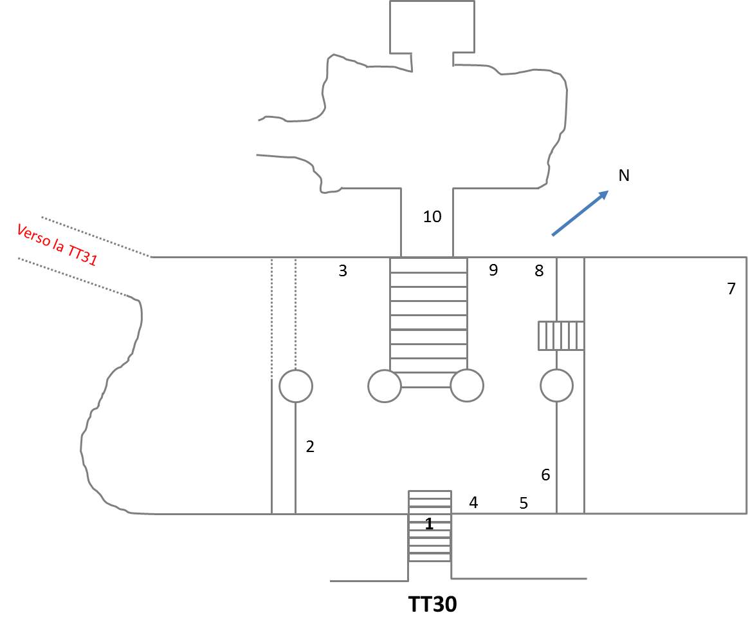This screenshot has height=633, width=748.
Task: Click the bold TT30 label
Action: [432, 605]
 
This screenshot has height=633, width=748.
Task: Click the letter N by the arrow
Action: [623, 175]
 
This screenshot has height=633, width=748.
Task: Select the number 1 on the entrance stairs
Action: [429, 524]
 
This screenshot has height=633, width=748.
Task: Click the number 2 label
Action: [310, 446]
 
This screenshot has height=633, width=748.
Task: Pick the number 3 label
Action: [343, 271]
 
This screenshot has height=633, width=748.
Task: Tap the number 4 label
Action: [473, 503]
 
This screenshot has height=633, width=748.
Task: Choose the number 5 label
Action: [524, 504]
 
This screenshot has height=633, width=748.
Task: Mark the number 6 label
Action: [545, 475]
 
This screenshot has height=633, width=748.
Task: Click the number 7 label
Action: [731, 289]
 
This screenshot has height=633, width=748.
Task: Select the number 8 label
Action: [539, 271]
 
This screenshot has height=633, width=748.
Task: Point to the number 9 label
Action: [493, 270]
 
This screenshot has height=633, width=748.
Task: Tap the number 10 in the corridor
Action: [432, 217]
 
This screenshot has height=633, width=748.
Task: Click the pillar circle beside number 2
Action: [296, 386]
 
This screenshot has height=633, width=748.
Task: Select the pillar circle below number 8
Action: [556, 385]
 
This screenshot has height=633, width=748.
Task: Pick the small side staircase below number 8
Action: [561, 335]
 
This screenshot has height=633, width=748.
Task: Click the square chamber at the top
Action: [432, 26]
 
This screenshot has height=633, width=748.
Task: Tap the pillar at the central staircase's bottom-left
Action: [385, 386]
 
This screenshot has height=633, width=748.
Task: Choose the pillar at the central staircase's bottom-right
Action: [467, 386]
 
